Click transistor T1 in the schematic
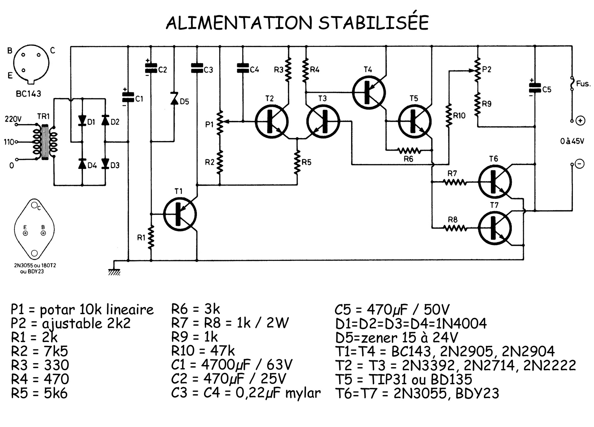[180, 214]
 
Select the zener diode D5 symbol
[174, 98]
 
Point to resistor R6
[409, 151]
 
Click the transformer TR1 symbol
[45, 141]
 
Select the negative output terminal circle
[580, 164]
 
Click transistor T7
[494, 228]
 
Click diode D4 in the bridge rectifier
[82, 164]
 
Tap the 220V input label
[13, 119]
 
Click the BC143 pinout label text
[28, 94]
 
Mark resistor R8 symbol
[455, 228]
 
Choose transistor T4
[369, 92]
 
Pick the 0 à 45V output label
[572, 141]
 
